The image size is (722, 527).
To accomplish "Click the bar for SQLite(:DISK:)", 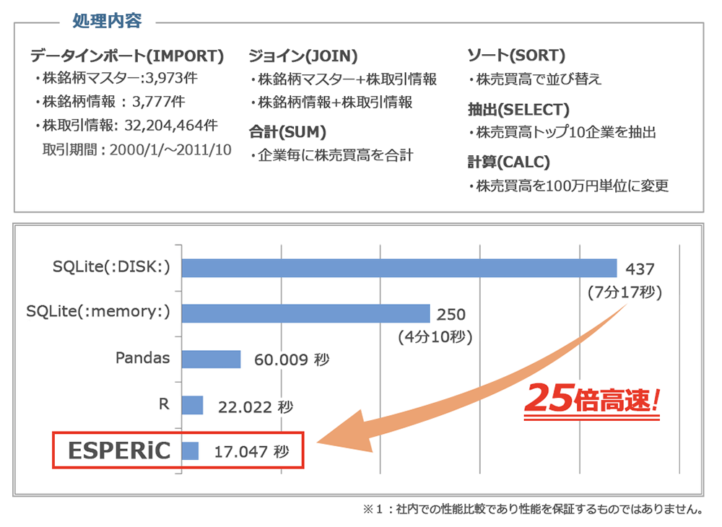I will click(399, 268).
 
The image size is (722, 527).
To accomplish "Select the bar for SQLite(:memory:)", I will click(305, 313).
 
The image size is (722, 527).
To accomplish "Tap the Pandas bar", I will click(211, 359).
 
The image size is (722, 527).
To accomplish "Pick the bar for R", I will click(192, 405).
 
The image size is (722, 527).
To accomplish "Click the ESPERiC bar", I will click(190, 451).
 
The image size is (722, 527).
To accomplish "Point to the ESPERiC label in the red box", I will click(119, 451).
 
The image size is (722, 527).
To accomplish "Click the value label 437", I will click(640, 269).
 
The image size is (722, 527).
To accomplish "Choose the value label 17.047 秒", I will click(251, 452).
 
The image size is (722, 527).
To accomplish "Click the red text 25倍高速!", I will click(591, 398).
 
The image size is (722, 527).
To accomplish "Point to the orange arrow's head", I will click(339, 437).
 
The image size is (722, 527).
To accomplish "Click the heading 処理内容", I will click(108, 21).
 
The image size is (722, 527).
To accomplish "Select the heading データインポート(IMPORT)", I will click(127, 56).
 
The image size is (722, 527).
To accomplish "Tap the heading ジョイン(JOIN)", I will click(303, 56).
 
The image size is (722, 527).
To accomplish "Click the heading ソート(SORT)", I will click(516, 56).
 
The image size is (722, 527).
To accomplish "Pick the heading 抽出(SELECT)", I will click(518, 110).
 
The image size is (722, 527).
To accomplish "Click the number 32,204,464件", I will click(171, 126).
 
